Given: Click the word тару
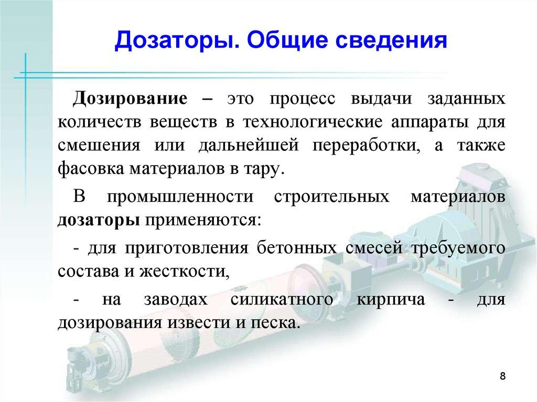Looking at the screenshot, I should (267, 169).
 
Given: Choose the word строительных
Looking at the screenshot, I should (331, 197).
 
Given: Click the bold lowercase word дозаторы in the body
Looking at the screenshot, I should (98, 220).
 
